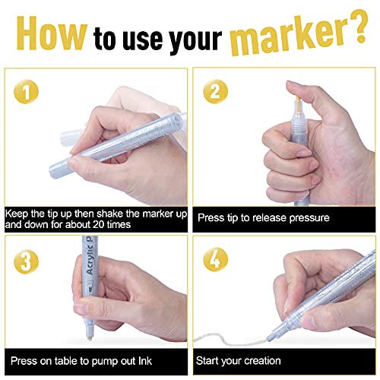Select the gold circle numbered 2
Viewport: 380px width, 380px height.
[216, 91]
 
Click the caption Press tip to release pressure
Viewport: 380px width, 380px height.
[263, 217]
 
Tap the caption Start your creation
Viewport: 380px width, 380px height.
[239, 360]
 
